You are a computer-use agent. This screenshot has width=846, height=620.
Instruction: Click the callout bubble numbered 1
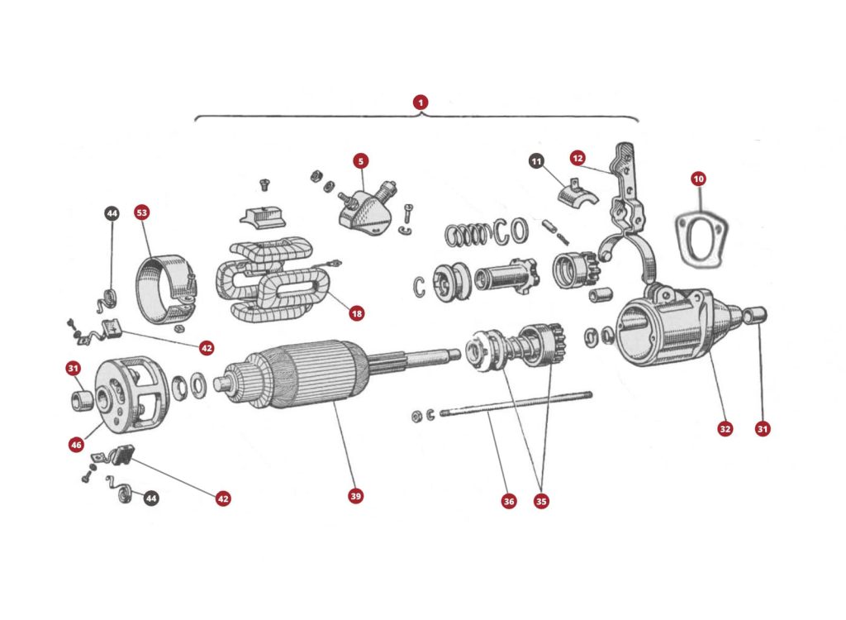coord(421,103)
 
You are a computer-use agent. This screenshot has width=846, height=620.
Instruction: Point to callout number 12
coord(577,158)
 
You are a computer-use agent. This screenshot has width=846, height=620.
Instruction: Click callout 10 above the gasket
coord(699,179)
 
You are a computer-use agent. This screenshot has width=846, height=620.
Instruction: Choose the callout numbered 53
coord(142,213)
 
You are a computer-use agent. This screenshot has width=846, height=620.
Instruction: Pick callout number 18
coord(356,313)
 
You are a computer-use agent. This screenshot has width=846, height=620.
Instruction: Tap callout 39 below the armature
coord(355,496)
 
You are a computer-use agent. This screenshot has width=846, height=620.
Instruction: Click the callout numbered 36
coord(509,501)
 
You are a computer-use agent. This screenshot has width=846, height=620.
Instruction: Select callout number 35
coord(541,501)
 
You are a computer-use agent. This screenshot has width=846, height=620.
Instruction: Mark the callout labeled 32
coord(725,428)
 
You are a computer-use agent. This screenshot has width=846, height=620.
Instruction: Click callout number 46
coord(75,445)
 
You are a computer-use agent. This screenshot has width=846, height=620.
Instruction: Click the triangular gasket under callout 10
coord(699,240)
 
